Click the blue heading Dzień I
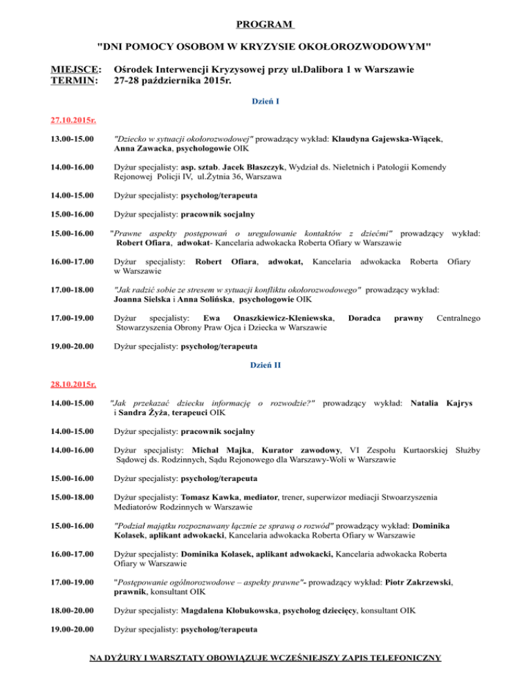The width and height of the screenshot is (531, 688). tap(265, 102)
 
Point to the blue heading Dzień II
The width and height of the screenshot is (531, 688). tap(265, 365)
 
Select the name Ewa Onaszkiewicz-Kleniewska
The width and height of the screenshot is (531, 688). tap(265, 318)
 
